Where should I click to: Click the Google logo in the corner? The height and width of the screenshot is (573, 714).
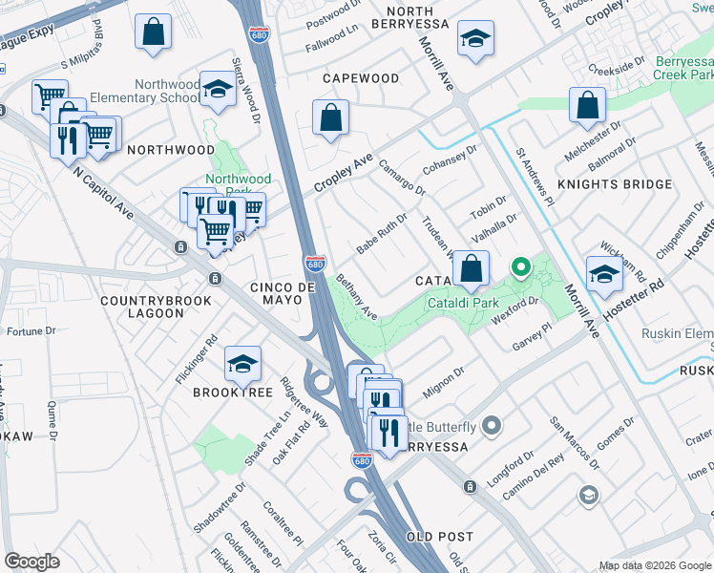tap(32, 562)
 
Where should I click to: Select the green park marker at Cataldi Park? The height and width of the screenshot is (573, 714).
tap(520, 268)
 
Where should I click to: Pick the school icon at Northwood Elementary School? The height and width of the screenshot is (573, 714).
tap(219, 89)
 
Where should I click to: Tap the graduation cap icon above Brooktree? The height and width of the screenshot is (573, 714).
tap(243, 363)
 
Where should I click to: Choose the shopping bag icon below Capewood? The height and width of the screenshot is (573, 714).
tap(330, 119)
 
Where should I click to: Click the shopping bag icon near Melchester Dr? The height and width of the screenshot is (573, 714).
tap(588, 104)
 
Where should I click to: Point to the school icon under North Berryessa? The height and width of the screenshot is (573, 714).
tap(472, 39)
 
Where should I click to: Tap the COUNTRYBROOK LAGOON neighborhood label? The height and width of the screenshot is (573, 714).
tap(142, 306)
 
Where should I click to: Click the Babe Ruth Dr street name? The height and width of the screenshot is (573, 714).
tap(382, 229)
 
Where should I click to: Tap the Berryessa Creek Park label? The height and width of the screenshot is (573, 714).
tap(684, 67)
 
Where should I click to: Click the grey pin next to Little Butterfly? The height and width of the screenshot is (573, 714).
tap(492, 425)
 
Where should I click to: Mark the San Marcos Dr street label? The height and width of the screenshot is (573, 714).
tap(573, 445)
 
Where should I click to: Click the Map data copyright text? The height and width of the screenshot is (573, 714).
tap(654, 565)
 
